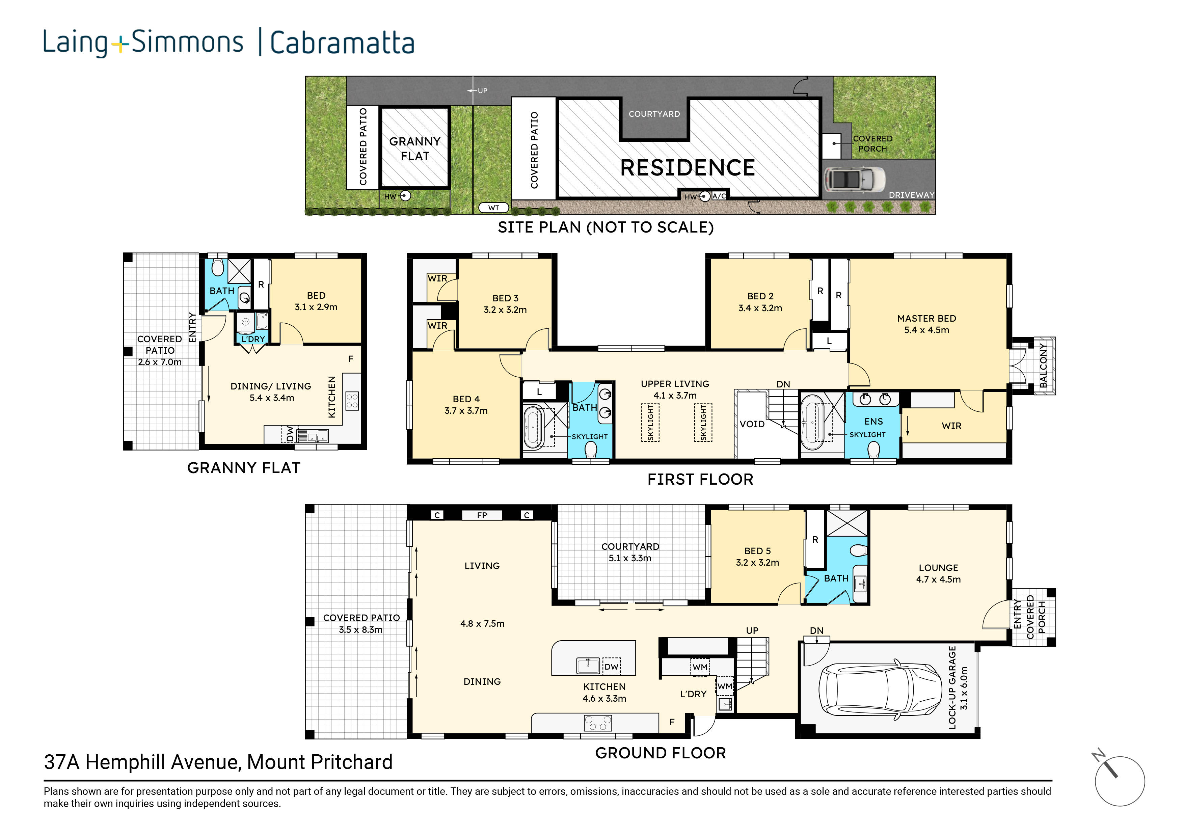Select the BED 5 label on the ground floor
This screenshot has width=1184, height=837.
757,551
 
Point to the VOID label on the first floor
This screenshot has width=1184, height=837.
752,424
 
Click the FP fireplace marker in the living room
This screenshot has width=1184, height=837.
482,515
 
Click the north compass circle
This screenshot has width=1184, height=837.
1120,781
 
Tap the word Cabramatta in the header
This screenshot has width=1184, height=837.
343,43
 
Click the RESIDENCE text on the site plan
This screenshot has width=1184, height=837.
688,168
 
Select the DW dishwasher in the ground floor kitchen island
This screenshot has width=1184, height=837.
611,666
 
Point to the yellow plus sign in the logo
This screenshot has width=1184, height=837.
119,45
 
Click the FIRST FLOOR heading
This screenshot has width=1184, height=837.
700,479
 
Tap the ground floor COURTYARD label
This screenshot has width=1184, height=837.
630,546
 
